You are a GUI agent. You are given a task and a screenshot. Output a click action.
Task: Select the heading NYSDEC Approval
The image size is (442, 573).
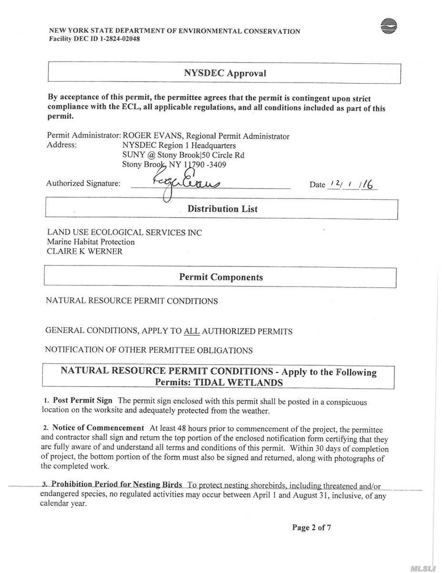point(225,73)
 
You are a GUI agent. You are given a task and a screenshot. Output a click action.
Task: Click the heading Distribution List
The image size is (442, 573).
point(222,209)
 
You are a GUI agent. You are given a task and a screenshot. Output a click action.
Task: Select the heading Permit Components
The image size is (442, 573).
point(221,277)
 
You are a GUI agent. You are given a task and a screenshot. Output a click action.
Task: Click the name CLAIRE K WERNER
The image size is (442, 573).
point(84,251)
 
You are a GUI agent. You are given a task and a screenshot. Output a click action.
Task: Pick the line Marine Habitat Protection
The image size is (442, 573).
point(91,242)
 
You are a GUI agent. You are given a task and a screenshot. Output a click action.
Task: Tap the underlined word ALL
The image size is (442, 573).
point(191,331)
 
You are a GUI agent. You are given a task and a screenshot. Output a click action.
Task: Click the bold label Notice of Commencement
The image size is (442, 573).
point(98,428)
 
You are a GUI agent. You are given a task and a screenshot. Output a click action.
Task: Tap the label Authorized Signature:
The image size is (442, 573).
point(83,183)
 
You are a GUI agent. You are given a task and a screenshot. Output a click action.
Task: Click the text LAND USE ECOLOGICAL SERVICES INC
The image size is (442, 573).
point(124,233)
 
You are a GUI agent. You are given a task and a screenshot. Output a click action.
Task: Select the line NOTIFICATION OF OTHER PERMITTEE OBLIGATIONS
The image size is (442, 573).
point(148,350)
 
